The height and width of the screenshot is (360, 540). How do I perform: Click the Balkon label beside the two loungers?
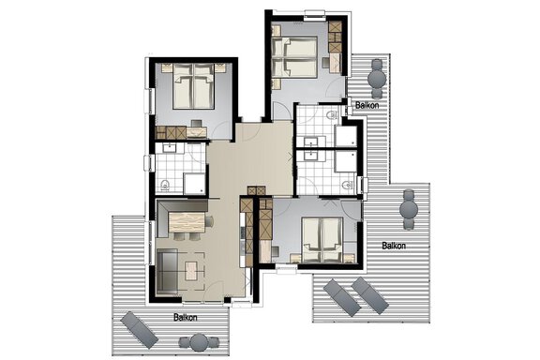(x=394, y=246)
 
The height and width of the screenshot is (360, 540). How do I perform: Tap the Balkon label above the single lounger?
(x=186, y=317)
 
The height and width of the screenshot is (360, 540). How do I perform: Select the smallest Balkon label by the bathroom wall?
(x=367, y=105)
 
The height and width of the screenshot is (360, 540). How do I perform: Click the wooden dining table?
(x=187, y=222)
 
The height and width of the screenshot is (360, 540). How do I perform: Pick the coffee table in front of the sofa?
(x=191, y=271)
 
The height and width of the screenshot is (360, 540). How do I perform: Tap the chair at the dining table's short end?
(x=209, y=221)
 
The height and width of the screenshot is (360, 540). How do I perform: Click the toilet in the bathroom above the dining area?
(x=165, y=186)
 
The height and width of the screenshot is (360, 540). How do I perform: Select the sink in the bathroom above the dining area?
(x=170, y=148)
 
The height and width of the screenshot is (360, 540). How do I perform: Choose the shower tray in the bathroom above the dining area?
(x=195, y=184)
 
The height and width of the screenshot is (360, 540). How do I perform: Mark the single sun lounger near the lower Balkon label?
(x=140, y=330)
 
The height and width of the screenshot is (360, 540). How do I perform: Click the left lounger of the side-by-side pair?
(x=342, y=297)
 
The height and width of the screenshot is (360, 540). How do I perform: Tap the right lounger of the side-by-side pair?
(x=370, y=295)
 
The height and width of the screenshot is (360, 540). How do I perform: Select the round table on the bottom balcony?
(x=199, y=342)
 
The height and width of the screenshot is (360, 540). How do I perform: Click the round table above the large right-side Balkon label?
(x=409, y=209)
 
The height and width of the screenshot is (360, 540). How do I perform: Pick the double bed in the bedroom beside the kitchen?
(x=322, y=240)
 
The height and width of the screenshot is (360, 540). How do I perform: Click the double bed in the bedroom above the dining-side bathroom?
(x=194, y=86)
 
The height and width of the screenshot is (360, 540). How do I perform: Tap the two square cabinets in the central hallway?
(x=257, y=190)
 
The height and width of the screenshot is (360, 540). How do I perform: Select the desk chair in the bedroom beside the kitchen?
(x=276, y=251)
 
